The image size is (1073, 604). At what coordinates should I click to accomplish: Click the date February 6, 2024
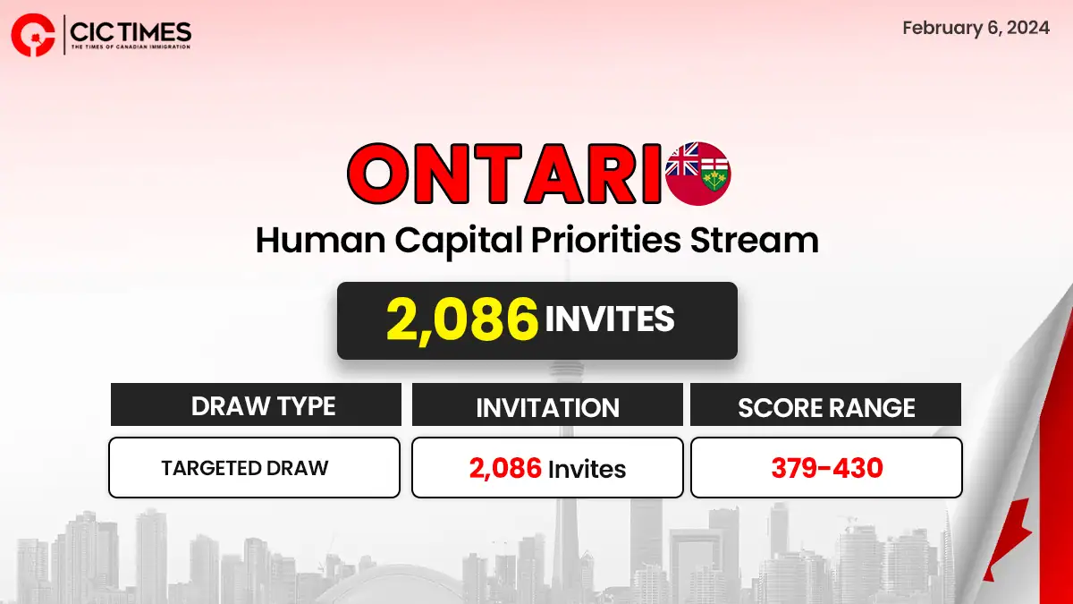tap(976, 28)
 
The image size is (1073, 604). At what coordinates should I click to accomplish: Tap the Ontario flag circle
tap(698, 173)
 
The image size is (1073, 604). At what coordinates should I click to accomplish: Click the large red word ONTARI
tap(505, 173)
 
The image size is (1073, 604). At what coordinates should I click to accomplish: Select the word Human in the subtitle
tap(320, 240)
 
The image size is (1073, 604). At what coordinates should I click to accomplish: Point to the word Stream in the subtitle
tap(755, 240)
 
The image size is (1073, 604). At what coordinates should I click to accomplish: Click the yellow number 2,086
tap(462, 319)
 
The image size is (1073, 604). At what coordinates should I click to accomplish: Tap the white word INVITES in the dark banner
tap(610, 319)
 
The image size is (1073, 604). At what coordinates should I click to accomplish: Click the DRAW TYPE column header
tap(263, 406)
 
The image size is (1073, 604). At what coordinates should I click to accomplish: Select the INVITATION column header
tap(547, 407)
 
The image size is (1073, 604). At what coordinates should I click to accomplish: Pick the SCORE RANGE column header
tap(826, 407)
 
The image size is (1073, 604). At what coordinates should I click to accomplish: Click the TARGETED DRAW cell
tap(245, 468)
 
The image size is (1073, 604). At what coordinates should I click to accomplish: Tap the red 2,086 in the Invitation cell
tap(505, 468)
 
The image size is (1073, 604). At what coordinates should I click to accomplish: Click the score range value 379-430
tap(827, 468)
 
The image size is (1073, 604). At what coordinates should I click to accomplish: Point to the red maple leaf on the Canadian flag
tap(1010, 547)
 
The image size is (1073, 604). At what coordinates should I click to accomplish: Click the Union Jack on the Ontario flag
tap(682, 159)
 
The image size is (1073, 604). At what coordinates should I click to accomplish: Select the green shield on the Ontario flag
tap(714, 174)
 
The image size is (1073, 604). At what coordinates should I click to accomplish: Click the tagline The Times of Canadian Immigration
tap(131, 47)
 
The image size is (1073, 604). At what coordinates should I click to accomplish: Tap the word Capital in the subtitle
tap(459, 241)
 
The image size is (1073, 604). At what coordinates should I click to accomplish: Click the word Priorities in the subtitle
tap(606, 240)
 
